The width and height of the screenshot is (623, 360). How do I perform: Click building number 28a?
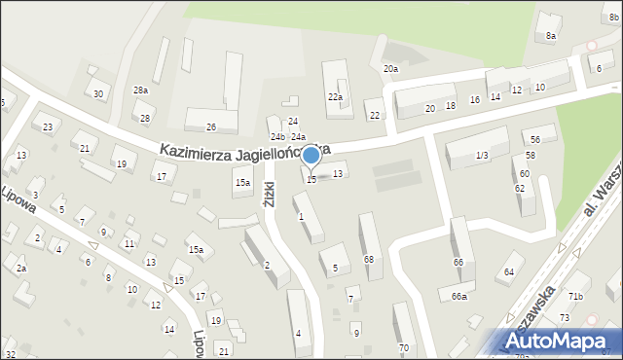point(141,90)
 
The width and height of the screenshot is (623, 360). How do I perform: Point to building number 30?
point(98,93)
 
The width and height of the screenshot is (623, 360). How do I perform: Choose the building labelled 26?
point(210,127)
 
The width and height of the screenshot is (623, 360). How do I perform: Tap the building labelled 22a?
point(335,97)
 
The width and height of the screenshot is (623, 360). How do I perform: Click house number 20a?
point(390,69)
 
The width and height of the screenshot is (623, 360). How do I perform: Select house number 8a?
point(551,36)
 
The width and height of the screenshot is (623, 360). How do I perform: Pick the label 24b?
point(277,137)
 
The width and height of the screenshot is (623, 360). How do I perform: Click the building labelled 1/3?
point(482,156)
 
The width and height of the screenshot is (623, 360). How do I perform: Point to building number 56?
point(534,140)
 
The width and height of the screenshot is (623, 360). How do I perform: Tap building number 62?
point(520,188)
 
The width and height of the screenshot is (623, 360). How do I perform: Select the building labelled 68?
point(369,259)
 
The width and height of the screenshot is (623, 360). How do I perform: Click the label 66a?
point(458,297)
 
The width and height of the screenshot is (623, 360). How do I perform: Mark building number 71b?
point(576,296)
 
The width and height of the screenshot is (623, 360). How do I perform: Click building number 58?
point(530,156)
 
